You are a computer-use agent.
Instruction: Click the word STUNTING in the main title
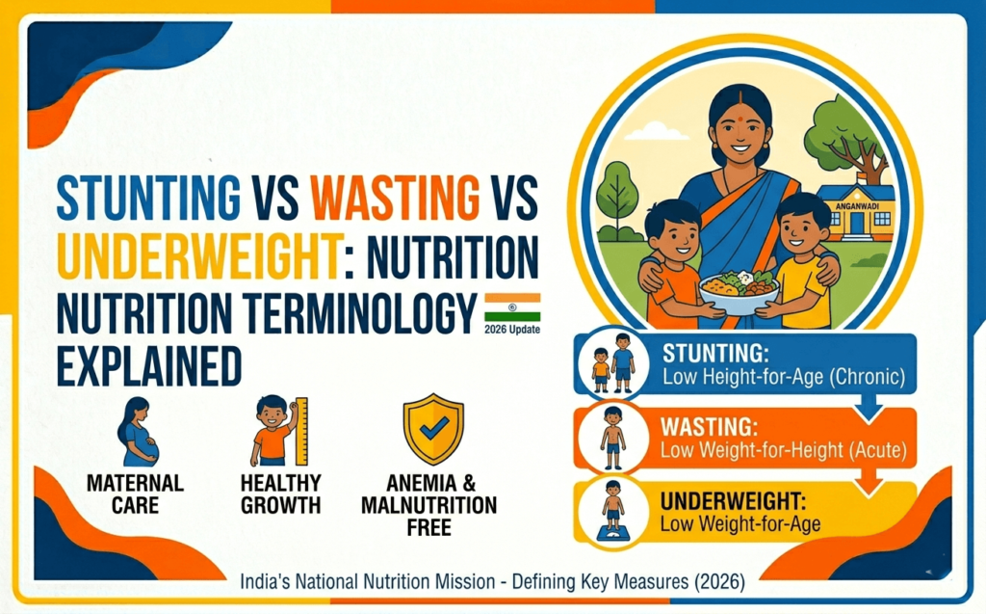(147, 200)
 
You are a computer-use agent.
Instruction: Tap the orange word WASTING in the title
(396, 200)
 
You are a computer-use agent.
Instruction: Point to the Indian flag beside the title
(511, 307)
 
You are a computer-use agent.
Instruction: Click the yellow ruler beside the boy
(300, 431)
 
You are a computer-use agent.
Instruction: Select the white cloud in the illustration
(657, 130)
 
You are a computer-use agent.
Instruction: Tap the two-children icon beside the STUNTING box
(612, 363)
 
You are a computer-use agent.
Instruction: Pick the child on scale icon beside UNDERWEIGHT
(612, 508)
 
